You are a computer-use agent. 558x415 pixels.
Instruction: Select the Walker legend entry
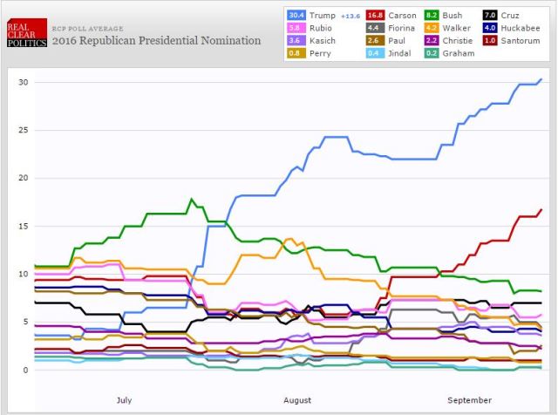(457, 27)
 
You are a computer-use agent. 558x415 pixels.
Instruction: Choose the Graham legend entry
(459, 53)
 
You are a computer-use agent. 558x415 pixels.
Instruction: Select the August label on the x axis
(297, 400)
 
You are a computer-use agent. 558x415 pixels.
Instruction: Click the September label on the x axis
(471, 400)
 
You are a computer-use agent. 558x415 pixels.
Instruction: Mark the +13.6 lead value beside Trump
(350, 15)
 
